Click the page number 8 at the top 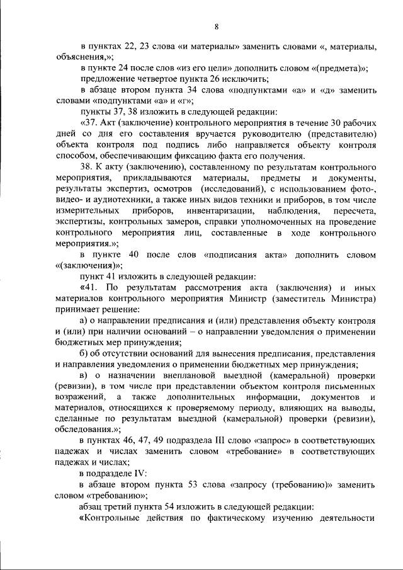click(x=216, y=26)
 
